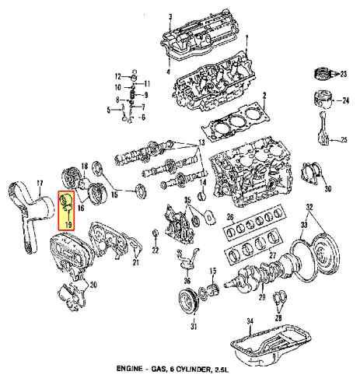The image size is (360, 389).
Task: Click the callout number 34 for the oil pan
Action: pyautogui.click(x=250, y=321)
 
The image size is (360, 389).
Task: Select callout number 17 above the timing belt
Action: pyautogui.click(x=40, y=184)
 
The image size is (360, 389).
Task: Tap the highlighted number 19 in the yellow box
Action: pyautogui.click(x=68, y=225)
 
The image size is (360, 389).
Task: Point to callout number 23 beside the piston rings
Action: pyautogui.click(x=344, y=75)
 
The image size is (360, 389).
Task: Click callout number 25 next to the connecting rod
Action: pyautogui.click(x=344, y=140)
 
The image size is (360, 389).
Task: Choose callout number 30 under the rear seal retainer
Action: pyautogui.click(x=328, y=189)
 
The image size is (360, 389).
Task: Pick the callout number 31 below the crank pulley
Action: pyautogui.click(x=194, y=327)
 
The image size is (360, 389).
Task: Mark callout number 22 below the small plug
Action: pyautogui.click(x=156, y=251)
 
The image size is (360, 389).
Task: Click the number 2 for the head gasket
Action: pyautogui.click(x=264, y=96)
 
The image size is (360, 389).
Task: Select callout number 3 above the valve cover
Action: pyautogui.click(x=170, y=17)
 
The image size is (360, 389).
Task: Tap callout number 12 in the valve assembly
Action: pyautogui.click(x=118, y=76)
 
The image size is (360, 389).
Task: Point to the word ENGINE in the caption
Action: pyautogui.click(x=129, y=369)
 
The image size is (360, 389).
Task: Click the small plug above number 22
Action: pyautogui.click(x=156, y=233)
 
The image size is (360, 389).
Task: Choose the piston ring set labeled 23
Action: pyautogui.click(x=322, y=74)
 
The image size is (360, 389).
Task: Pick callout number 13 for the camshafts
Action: pyautogui.click(x=201, y=142)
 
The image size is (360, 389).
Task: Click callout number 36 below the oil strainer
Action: pyautogui.click(x=187, y=281)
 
